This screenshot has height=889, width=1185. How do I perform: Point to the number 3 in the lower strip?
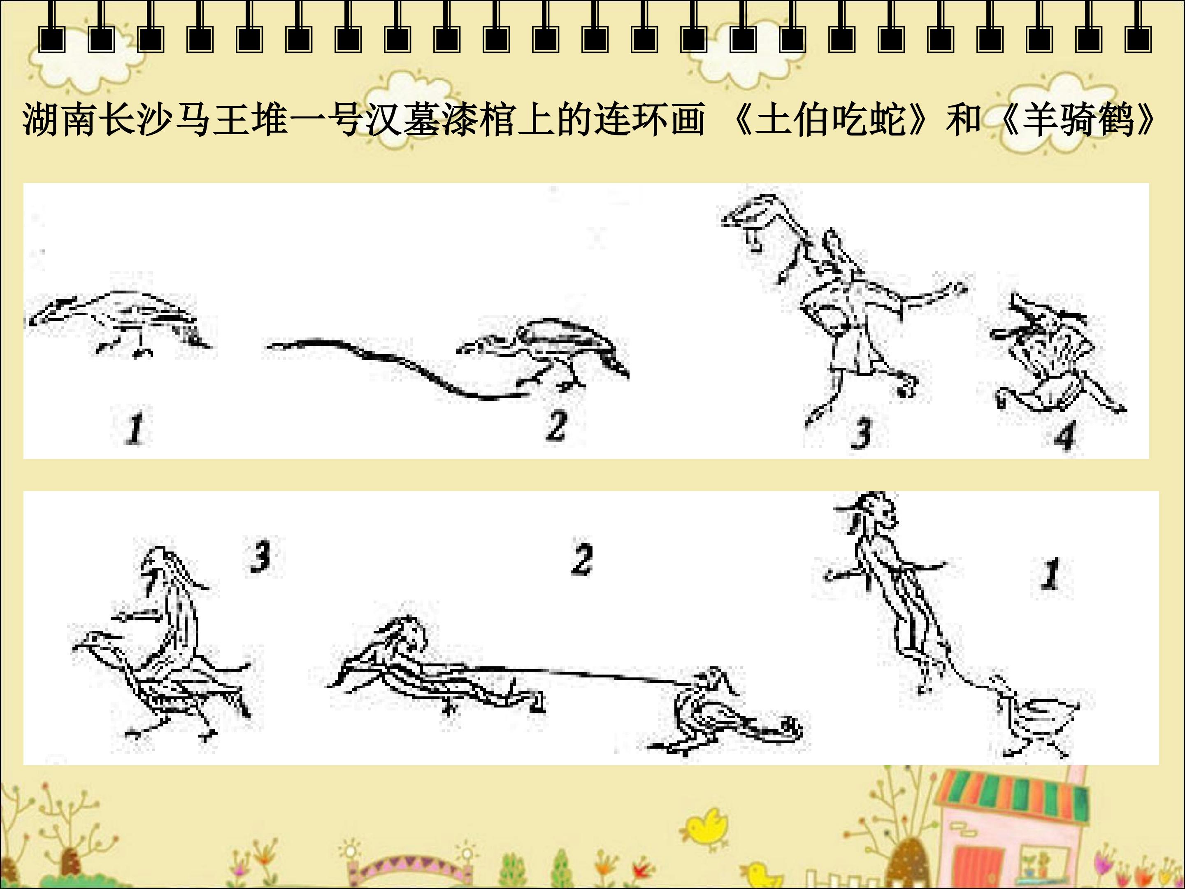(261, 557)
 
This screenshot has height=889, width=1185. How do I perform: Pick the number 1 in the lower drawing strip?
(1051, 573)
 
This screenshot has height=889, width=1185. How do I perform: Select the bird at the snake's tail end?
(544, 354)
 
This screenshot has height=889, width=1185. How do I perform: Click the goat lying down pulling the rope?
(434, 667)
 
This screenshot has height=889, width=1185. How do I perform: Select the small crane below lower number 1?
(1031, 718)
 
